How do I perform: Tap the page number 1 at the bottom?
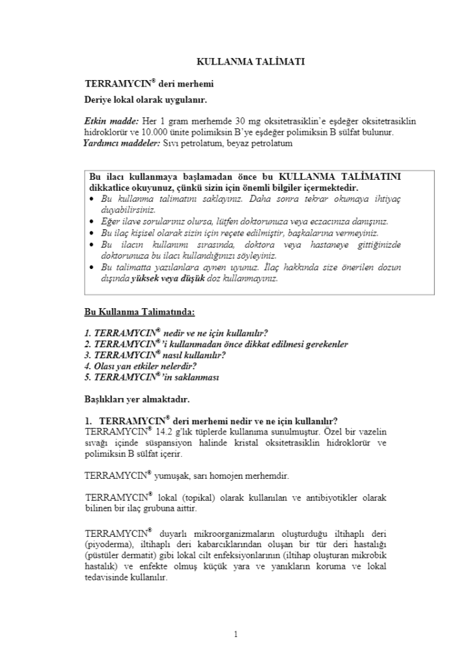tap(236, 634)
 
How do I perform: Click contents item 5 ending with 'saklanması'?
tap(152, 377)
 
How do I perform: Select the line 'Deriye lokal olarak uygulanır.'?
tap(146, 100)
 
